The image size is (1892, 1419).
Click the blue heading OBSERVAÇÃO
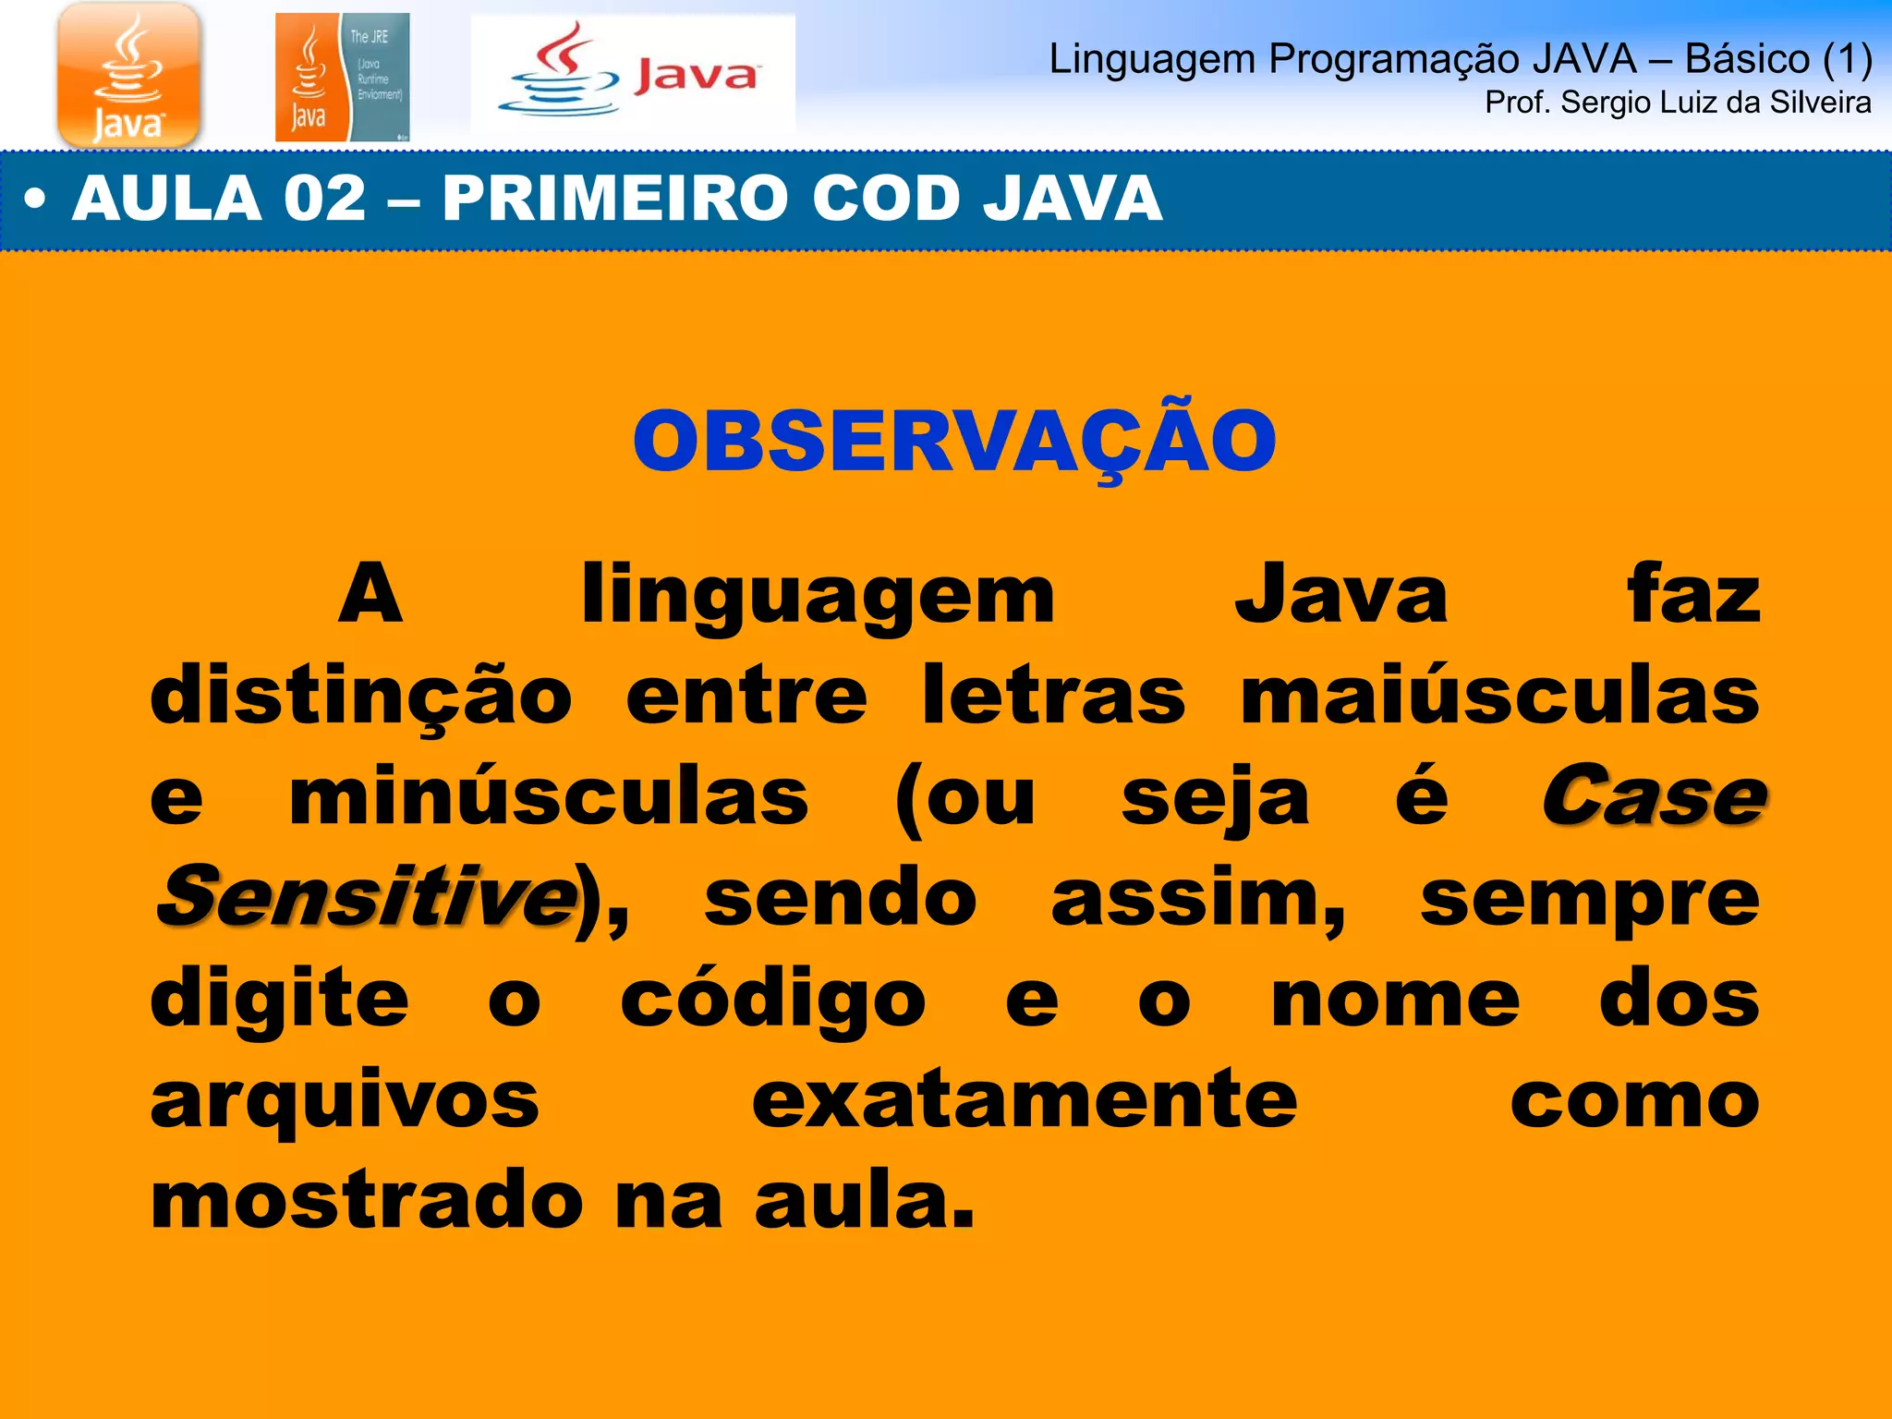pyautogui.click(x=954, y=442)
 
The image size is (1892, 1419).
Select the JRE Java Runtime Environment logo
pyautogui.click(x=342, y=78)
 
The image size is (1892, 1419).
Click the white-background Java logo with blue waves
pyautogui.click(x=633, y=74)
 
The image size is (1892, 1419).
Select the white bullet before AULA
pyautogui.click(x=35, y=200)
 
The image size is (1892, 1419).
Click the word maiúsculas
pyautogui.click(x=1499, y=696)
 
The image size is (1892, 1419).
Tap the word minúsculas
pyautogui.click(x=549, y=797)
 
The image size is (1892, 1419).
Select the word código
pyautogui.click(x=772, y=1000)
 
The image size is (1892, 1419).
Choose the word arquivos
pyautogui.click(x=345, y=1101)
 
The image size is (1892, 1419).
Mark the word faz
pyautogui.click(x=1693, y=594)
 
